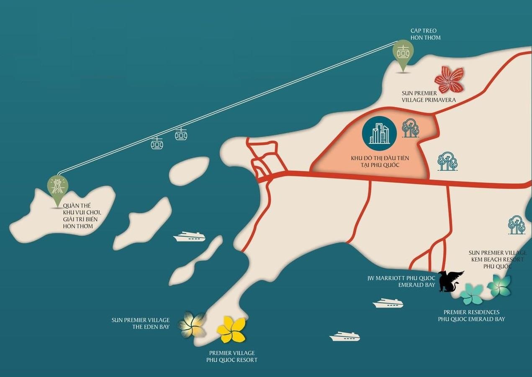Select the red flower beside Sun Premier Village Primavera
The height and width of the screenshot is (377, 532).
click(449, 80)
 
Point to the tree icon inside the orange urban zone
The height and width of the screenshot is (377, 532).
click(410, 128)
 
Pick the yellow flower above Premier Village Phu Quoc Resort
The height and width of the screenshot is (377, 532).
click(231, 329)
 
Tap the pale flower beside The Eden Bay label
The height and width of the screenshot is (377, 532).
click(192, 325)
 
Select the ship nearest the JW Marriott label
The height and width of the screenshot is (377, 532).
click(388, 303)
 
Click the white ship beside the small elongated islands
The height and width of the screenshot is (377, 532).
click(189, 237)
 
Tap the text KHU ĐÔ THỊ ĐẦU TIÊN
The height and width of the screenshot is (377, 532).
click(380, 158)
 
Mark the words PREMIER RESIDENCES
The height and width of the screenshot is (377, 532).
click(471, 312)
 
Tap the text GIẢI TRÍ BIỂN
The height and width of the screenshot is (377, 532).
click(82, 219)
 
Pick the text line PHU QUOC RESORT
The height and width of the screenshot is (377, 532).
click(231, 360)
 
